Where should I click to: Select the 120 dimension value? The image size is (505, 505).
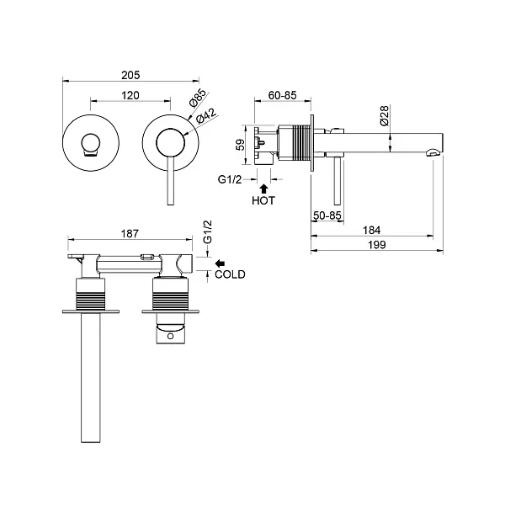(130, 96)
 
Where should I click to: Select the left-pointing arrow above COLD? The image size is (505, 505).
(222, 262)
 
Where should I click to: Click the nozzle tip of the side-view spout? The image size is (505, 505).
(433, 152)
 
